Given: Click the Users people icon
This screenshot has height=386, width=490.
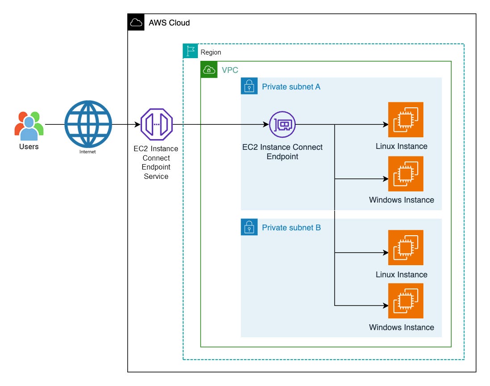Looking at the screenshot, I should coord(29,125).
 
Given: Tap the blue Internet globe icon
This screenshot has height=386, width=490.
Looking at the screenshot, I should coord(88,124).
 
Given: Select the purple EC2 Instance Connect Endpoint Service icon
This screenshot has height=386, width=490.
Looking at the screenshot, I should coord(156,124).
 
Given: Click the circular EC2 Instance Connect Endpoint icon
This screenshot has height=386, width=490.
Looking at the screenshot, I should coord(282,124).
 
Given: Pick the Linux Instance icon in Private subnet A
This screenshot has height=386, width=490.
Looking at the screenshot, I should coord(405,119).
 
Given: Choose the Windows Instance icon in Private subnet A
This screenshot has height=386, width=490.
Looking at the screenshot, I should coord(405,174).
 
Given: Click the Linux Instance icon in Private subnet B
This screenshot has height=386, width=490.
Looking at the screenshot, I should coord(405,247).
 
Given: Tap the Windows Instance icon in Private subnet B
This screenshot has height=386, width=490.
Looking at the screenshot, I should coord(405,301).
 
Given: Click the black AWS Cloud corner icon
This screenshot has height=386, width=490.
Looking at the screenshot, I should coord(136,22).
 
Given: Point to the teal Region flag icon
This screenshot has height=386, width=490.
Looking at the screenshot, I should coord(191,51).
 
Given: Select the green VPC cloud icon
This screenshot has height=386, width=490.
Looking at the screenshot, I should coord(209,69).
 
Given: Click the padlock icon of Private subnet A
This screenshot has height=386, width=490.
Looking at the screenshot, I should coord(249,86).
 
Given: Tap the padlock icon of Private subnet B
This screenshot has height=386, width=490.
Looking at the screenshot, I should coord(249,227).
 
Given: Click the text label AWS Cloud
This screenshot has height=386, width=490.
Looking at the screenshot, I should coord(169,23).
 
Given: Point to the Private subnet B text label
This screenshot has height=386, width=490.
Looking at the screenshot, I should coord(291,228).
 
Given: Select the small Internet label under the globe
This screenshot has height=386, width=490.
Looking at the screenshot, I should coord(88,152).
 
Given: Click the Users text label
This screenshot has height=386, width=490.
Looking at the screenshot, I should coord(29,147).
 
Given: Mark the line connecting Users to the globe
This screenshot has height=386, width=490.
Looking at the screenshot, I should coord(54,124).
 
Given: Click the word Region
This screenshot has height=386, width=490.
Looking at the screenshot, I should coord(211,52).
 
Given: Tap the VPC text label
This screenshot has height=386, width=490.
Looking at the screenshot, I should coord(230,70).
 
